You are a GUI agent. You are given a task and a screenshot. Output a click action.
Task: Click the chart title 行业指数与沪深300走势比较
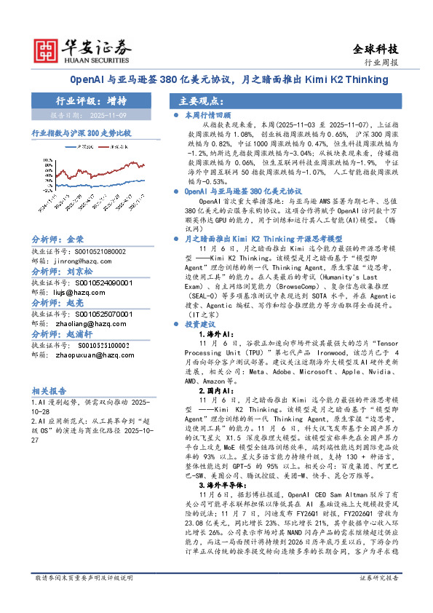coord(81,134)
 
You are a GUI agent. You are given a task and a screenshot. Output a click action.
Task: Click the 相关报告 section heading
coord(49,390)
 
